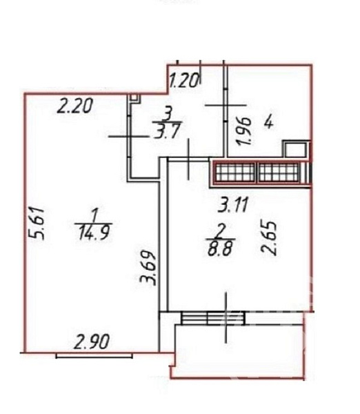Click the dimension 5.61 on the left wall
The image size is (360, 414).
pyautogui.click(x=37, y=224)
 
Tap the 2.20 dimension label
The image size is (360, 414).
pyautogui.click(x=75, y=106)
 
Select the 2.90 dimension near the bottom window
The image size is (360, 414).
pyautogui.click(x=91, y=342)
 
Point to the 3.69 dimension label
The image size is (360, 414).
pyautogui.click(x=148, y=267)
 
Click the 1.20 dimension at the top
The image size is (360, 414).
pyautogui.click(x=183, y=81)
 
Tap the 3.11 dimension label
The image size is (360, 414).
pyautogui.click(x=233, y=205)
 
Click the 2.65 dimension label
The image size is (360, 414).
pyautogui.click(x=270, y=239)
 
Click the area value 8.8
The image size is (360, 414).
pyautogui.click(x=220, y=248)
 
